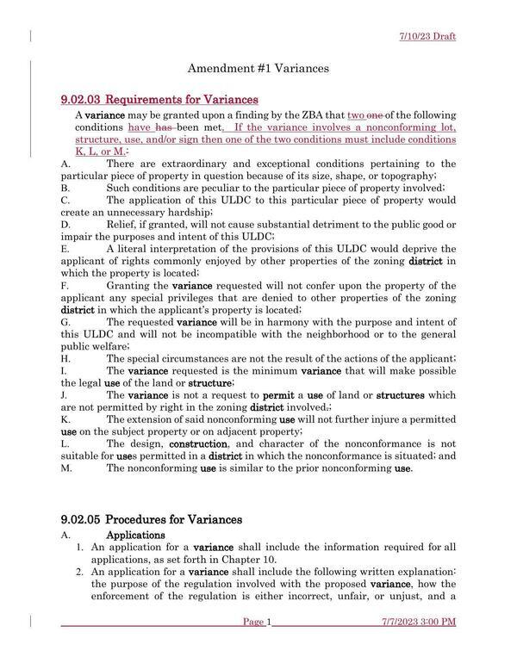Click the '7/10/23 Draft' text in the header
427,36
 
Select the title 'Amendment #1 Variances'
258,68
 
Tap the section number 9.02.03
81,101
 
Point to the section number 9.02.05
81,519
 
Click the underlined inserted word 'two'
358,115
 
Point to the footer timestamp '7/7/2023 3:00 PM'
419,622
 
